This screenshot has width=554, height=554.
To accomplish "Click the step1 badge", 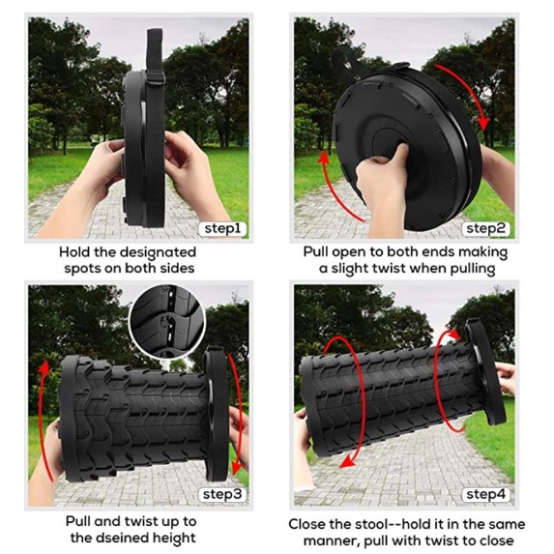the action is pyautogui.click(x=222, y=228).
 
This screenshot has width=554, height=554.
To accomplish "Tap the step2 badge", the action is pyautogui.click(x=485, y=228).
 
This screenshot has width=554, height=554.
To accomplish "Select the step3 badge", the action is pyautogui.click(x=222, y=494).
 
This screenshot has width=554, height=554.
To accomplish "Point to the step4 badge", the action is pyautogui.click(x=485, y=494).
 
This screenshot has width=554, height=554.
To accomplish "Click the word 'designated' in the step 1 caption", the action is pyautogui.click(x=158, y=253).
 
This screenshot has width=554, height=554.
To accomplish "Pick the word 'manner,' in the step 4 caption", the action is pyautogui.click(x=332, y=540).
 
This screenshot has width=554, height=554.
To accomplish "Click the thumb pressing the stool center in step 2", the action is pyautogui.click(x=398, y=153).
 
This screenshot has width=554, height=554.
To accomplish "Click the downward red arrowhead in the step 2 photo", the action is pyautogui.click(x=483, y=125).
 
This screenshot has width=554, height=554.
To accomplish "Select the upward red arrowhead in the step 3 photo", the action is pyautogui.click(x=44, y=367).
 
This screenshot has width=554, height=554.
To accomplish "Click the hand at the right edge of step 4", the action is pyautogui.click(x=506, y=377).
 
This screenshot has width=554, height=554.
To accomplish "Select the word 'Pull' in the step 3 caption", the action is pyautogui.click(x=77, y=521).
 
